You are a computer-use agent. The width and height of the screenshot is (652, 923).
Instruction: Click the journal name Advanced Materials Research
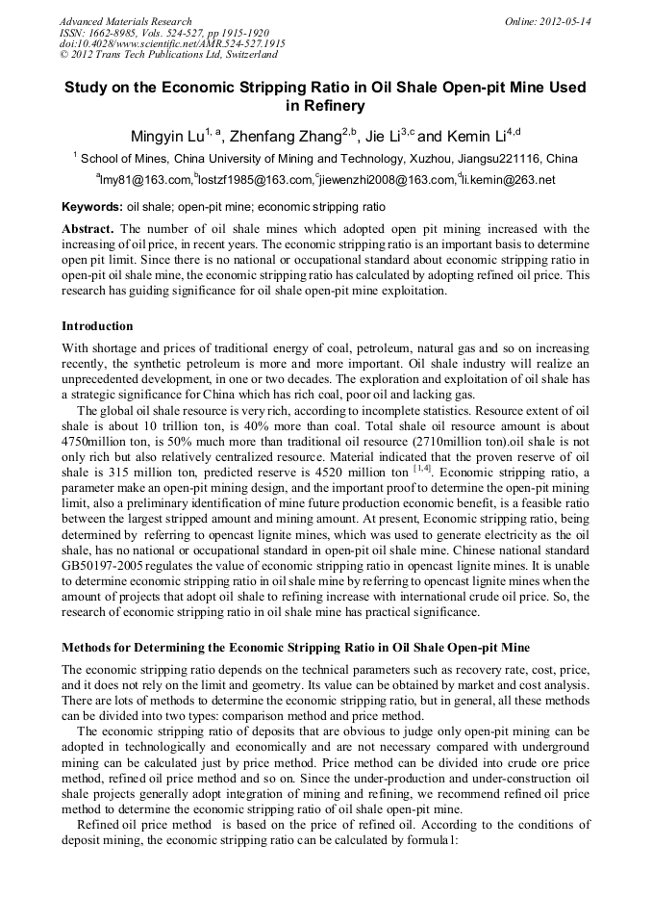(x=125, y=21)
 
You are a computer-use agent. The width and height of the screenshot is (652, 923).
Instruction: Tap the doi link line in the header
(x=172, y=44)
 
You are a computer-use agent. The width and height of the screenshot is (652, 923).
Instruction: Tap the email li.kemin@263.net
(x=508, y=179)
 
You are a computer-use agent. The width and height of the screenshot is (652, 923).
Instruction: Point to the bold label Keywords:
(x=92, y=207)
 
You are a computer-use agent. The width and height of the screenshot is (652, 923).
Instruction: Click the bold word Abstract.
(x=88, y=229)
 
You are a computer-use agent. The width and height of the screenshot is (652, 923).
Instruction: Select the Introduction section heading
(x=97, y=326)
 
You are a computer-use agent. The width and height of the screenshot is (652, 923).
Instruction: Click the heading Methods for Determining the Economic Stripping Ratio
(x=294, y=646)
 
